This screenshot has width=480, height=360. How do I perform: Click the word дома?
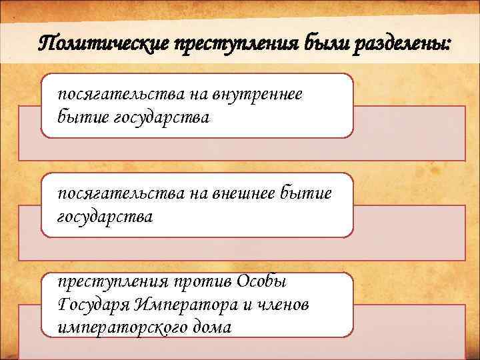(x=210, y=327)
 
